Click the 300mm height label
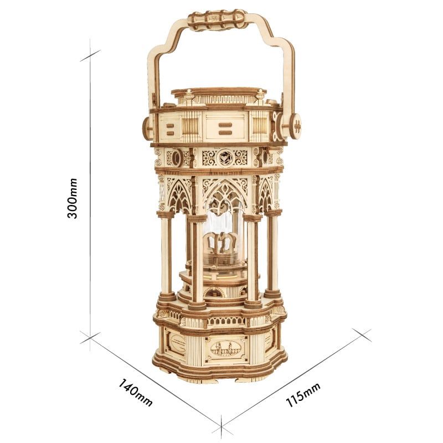pyautogui.click(x=73, y=198)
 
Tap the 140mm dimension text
pyautogui.click(x=136, y=392)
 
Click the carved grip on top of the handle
pyautogui.click(x=217, y=19)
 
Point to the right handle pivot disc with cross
pyautogui.click(x=295, y=126)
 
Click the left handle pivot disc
pyautogui.click(x=147, y=128)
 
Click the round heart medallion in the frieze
pyautogui.click(x=224, y=157)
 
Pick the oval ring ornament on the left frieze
pyautogui.click(x=176, y=158)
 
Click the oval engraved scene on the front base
pyautogui.click(x=225, y=349)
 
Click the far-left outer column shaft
pyautogui.click(x=165, y=255)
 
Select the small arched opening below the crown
pyautogui.click(x=213, y=292)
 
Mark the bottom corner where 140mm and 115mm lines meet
pyautogui.click(x=222, y=427)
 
